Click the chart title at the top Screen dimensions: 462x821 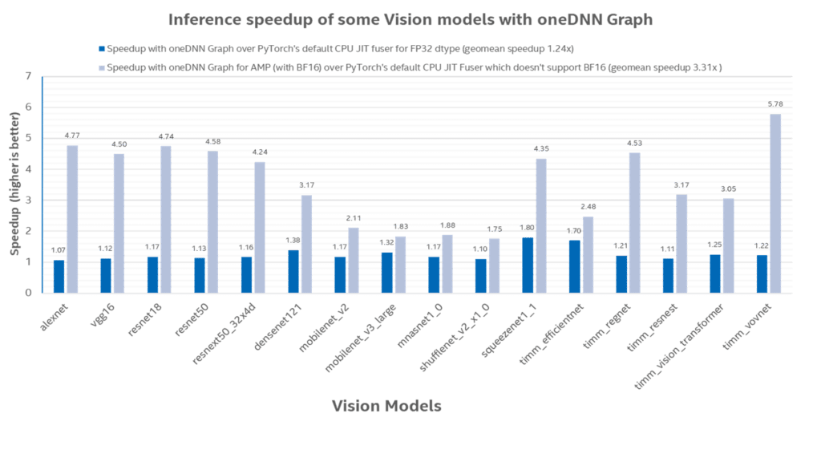(410, 20)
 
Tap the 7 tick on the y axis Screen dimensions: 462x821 (30, 76)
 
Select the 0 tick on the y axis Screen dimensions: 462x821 (30, 293)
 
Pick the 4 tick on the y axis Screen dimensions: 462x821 (30, 169)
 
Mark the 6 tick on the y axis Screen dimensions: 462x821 (30, 107)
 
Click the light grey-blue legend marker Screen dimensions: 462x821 (101, 68)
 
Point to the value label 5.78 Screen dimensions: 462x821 (775, 105)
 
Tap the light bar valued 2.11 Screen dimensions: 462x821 (353, 260)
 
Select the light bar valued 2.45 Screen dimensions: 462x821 (588, 254)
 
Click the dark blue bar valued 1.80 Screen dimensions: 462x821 (528, 265)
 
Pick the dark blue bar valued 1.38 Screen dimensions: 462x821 (293, 271)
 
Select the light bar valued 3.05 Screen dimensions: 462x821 (728, 245)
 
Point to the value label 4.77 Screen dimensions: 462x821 (72, 136)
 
